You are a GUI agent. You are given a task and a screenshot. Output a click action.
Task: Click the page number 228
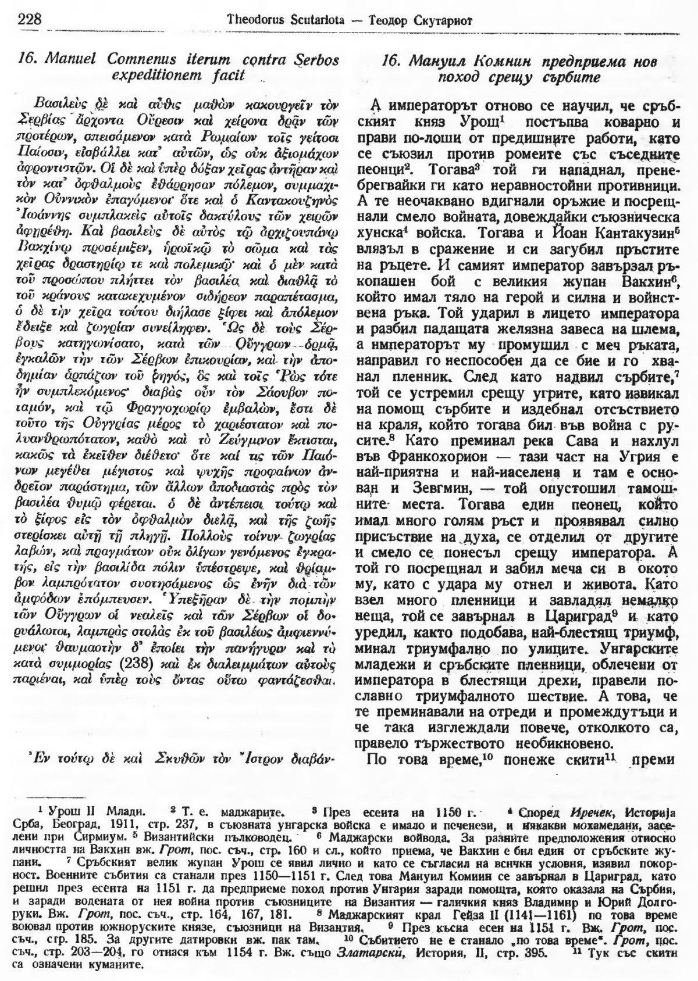[x=29, y=19]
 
